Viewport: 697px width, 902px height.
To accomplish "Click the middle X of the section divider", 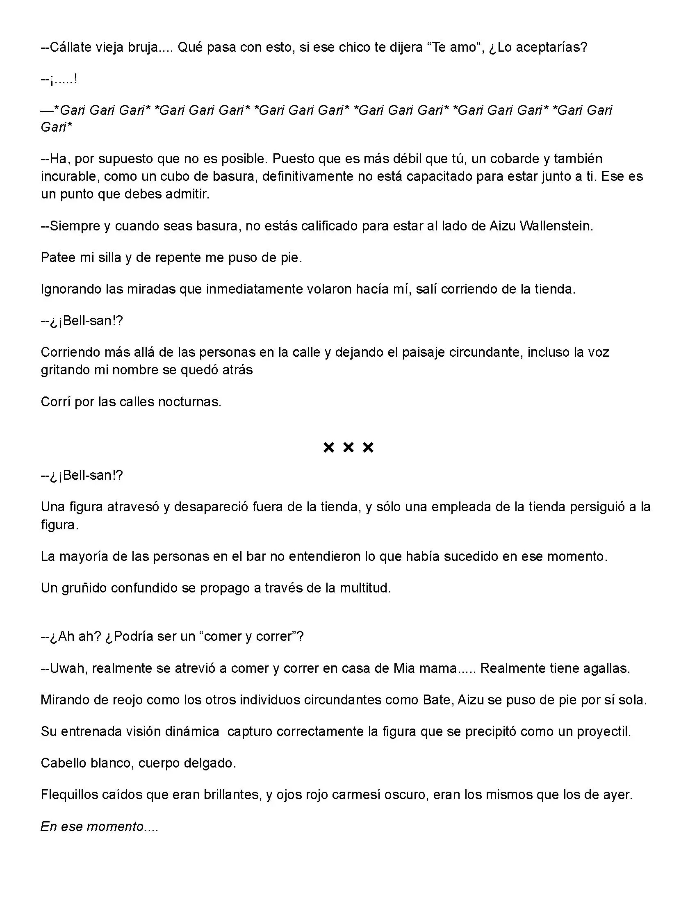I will [348, 447].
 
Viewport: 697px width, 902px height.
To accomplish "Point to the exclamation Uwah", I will [68, 668].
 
